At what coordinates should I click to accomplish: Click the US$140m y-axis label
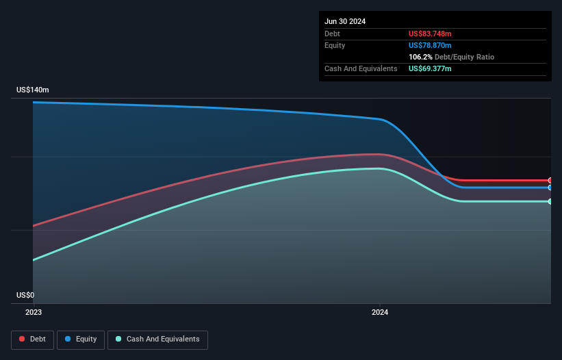33,90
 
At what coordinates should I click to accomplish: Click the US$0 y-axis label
25,296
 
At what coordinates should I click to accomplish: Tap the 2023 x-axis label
34,312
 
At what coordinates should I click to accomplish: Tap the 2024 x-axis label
380,312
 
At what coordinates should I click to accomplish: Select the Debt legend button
32,339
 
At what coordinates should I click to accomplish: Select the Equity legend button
81,339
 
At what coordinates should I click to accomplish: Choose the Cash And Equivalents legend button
157,339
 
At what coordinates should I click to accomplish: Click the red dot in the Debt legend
23,339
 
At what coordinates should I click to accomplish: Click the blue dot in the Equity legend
69,339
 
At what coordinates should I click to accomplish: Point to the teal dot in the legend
119,339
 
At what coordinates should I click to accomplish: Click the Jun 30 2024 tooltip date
345,21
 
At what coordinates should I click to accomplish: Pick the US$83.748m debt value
430,34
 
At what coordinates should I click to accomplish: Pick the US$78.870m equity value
430,45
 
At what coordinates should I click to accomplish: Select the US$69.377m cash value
430,68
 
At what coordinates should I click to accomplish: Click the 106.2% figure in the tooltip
420,57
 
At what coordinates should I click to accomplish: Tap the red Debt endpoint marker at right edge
550,181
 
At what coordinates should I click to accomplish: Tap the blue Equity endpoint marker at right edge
550,188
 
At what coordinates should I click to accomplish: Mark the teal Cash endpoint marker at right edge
550,201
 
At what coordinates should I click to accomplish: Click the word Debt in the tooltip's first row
332,34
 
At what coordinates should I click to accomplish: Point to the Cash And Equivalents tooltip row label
361,68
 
